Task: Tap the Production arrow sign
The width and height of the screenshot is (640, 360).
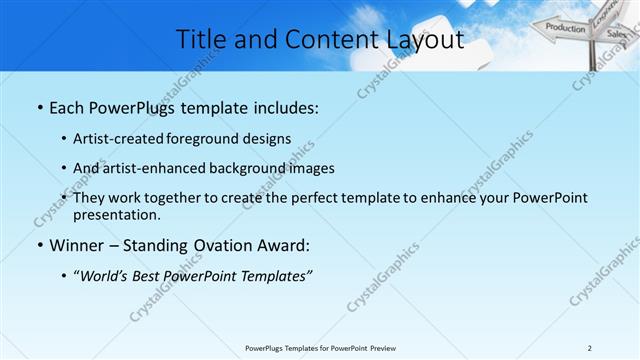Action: coord(565,28)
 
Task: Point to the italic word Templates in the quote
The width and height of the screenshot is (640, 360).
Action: coord(272,276)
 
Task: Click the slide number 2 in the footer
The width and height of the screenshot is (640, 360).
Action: coord(589,348)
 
